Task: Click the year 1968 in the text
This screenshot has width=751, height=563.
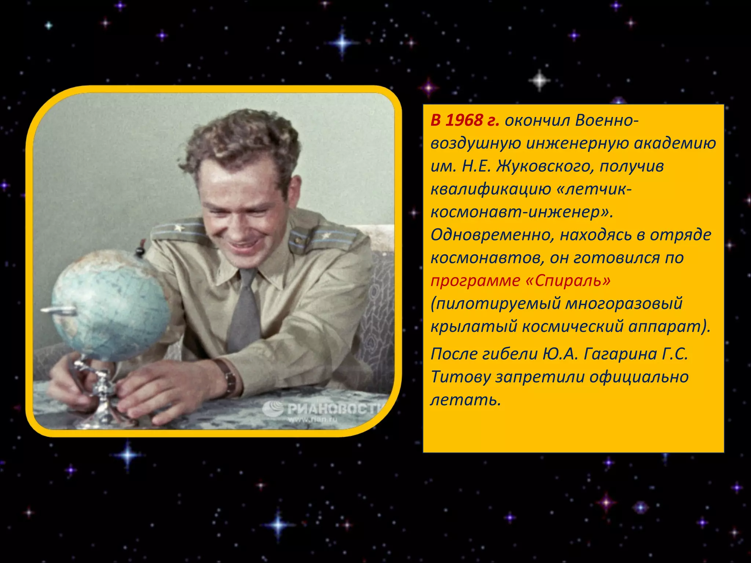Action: click(464, 121)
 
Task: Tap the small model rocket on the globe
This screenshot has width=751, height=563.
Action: click(59, 311)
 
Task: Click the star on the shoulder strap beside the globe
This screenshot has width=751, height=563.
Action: click(179, 228)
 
